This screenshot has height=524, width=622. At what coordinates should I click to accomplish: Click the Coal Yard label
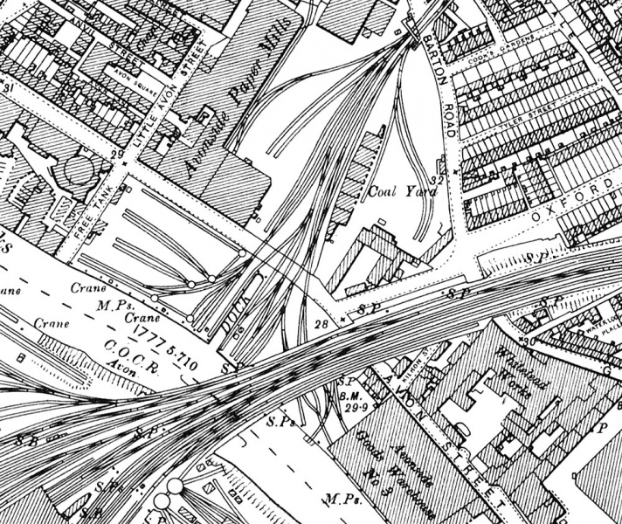point(397,192)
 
